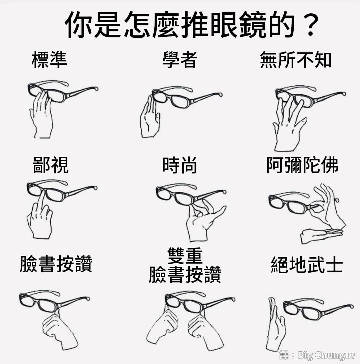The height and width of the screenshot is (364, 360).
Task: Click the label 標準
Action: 49,60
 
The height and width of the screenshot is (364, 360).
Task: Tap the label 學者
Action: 180,60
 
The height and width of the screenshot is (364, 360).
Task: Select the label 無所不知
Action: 296,60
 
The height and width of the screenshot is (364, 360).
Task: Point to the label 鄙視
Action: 51,165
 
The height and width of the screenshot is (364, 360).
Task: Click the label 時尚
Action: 180,165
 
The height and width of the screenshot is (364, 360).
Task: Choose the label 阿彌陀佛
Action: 302,165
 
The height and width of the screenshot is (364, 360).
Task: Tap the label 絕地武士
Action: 307,264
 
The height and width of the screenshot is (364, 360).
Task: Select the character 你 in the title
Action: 78,25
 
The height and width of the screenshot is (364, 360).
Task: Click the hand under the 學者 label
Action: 150,117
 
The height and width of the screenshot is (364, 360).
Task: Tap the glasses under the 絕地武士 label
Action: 318,308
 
